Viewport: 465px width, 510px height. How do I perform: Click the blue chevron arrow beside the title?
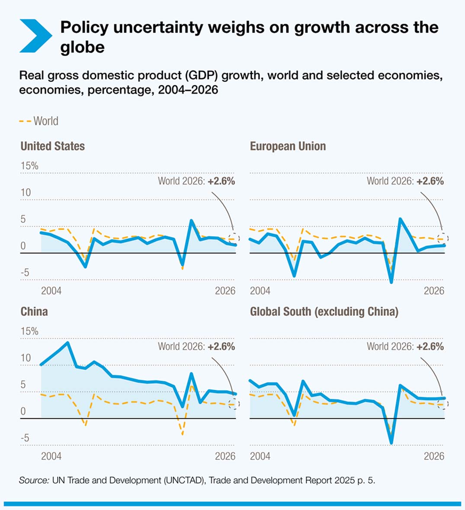point(35,36)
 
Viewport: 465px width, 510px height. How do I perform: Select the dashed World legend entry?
point(38,121)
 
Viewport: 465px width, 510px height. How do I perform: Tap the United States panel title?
point(52,146)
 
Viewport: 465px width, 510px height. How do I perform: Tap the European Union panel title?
point(288,146)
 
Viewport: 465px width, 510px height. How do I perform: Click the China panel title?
point(34,312)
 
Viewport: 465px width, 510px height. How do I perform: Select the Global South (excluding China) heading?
point(324,312)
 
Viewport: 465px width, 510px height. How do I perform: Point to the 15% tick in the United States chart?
point(29,166)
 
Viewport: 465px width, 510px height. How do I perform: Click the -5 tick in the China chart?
point(26,438)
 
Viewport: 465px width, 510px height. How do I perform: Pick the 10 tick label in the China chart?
point(26,358)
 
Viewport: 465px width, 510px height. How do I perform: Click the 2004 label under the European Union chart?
point(260,291)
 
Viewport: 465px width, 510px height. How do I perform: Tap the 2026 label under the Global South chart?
point(434,456)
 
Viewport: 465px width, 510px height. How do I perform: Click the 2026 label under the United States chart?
point(225,291)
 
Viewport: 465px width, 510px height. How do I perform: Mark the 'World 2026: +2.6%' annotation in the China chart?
point(196,346)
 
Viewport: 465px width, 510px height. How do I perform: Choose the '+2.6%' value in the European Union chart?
point(430,181)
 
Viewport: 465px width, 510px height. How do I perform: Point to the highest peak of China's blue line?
point(67,343)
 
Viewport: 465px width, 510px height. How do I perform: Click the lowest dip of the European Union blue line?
point(391,282)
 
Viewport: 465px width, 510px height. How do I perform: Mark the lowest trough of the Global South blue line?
point(391,443)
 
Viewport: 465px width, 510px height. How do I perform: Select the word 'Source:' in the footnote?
point(34,480)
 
